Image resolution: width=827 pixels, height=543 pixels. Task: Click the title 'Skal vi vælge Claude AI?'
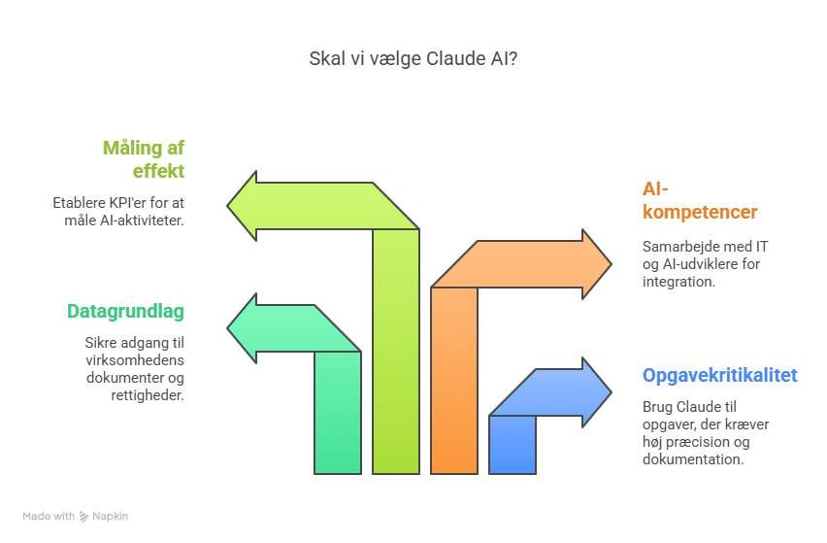[413, 58]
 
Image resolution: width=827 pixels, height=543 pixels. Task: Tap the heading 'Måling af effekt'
[144, 159]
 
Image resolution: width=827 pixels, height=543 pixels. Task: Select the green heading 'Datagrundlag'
[125, 312]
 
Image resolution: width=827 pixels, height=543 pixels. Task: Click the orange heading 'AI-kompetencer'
[700, 200]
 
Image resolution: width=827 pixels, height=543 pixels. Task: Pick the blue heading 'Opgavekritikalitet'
[720, 375]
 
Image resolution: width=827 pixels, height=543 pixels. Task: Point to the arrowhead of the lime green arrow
[242, 206]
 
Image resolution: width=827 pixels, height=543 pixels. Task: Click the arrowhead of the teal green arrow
[242, 328]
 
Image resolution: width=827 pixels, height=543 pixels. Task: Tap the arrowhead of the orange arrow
[597, 264]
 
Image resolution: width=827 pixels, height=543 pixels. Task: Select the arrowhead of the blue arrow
[597, 392]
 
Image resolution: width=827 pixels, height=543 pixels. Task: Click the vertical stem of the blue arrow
[513, 445]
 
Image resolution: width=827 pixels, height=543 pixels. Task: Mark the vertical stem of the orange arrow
[454, 381]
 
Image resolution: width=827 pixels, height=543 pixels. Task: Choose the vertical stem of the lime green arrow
[396, 352]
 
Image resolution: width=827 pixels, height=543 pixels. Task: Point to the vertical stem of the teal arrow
[338, 413]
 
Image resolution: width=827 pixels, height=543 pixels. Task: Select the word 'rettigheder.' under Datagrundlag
[148, 395]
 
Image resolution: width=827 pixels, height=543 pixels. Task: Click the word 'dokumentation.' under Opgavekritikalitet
[693, 459]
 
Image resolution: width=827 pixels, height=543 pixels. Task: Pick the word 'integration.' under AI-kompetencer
[678, 282]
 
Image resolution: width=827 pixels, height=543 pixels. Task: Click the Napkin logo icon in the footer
[83, 517]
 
